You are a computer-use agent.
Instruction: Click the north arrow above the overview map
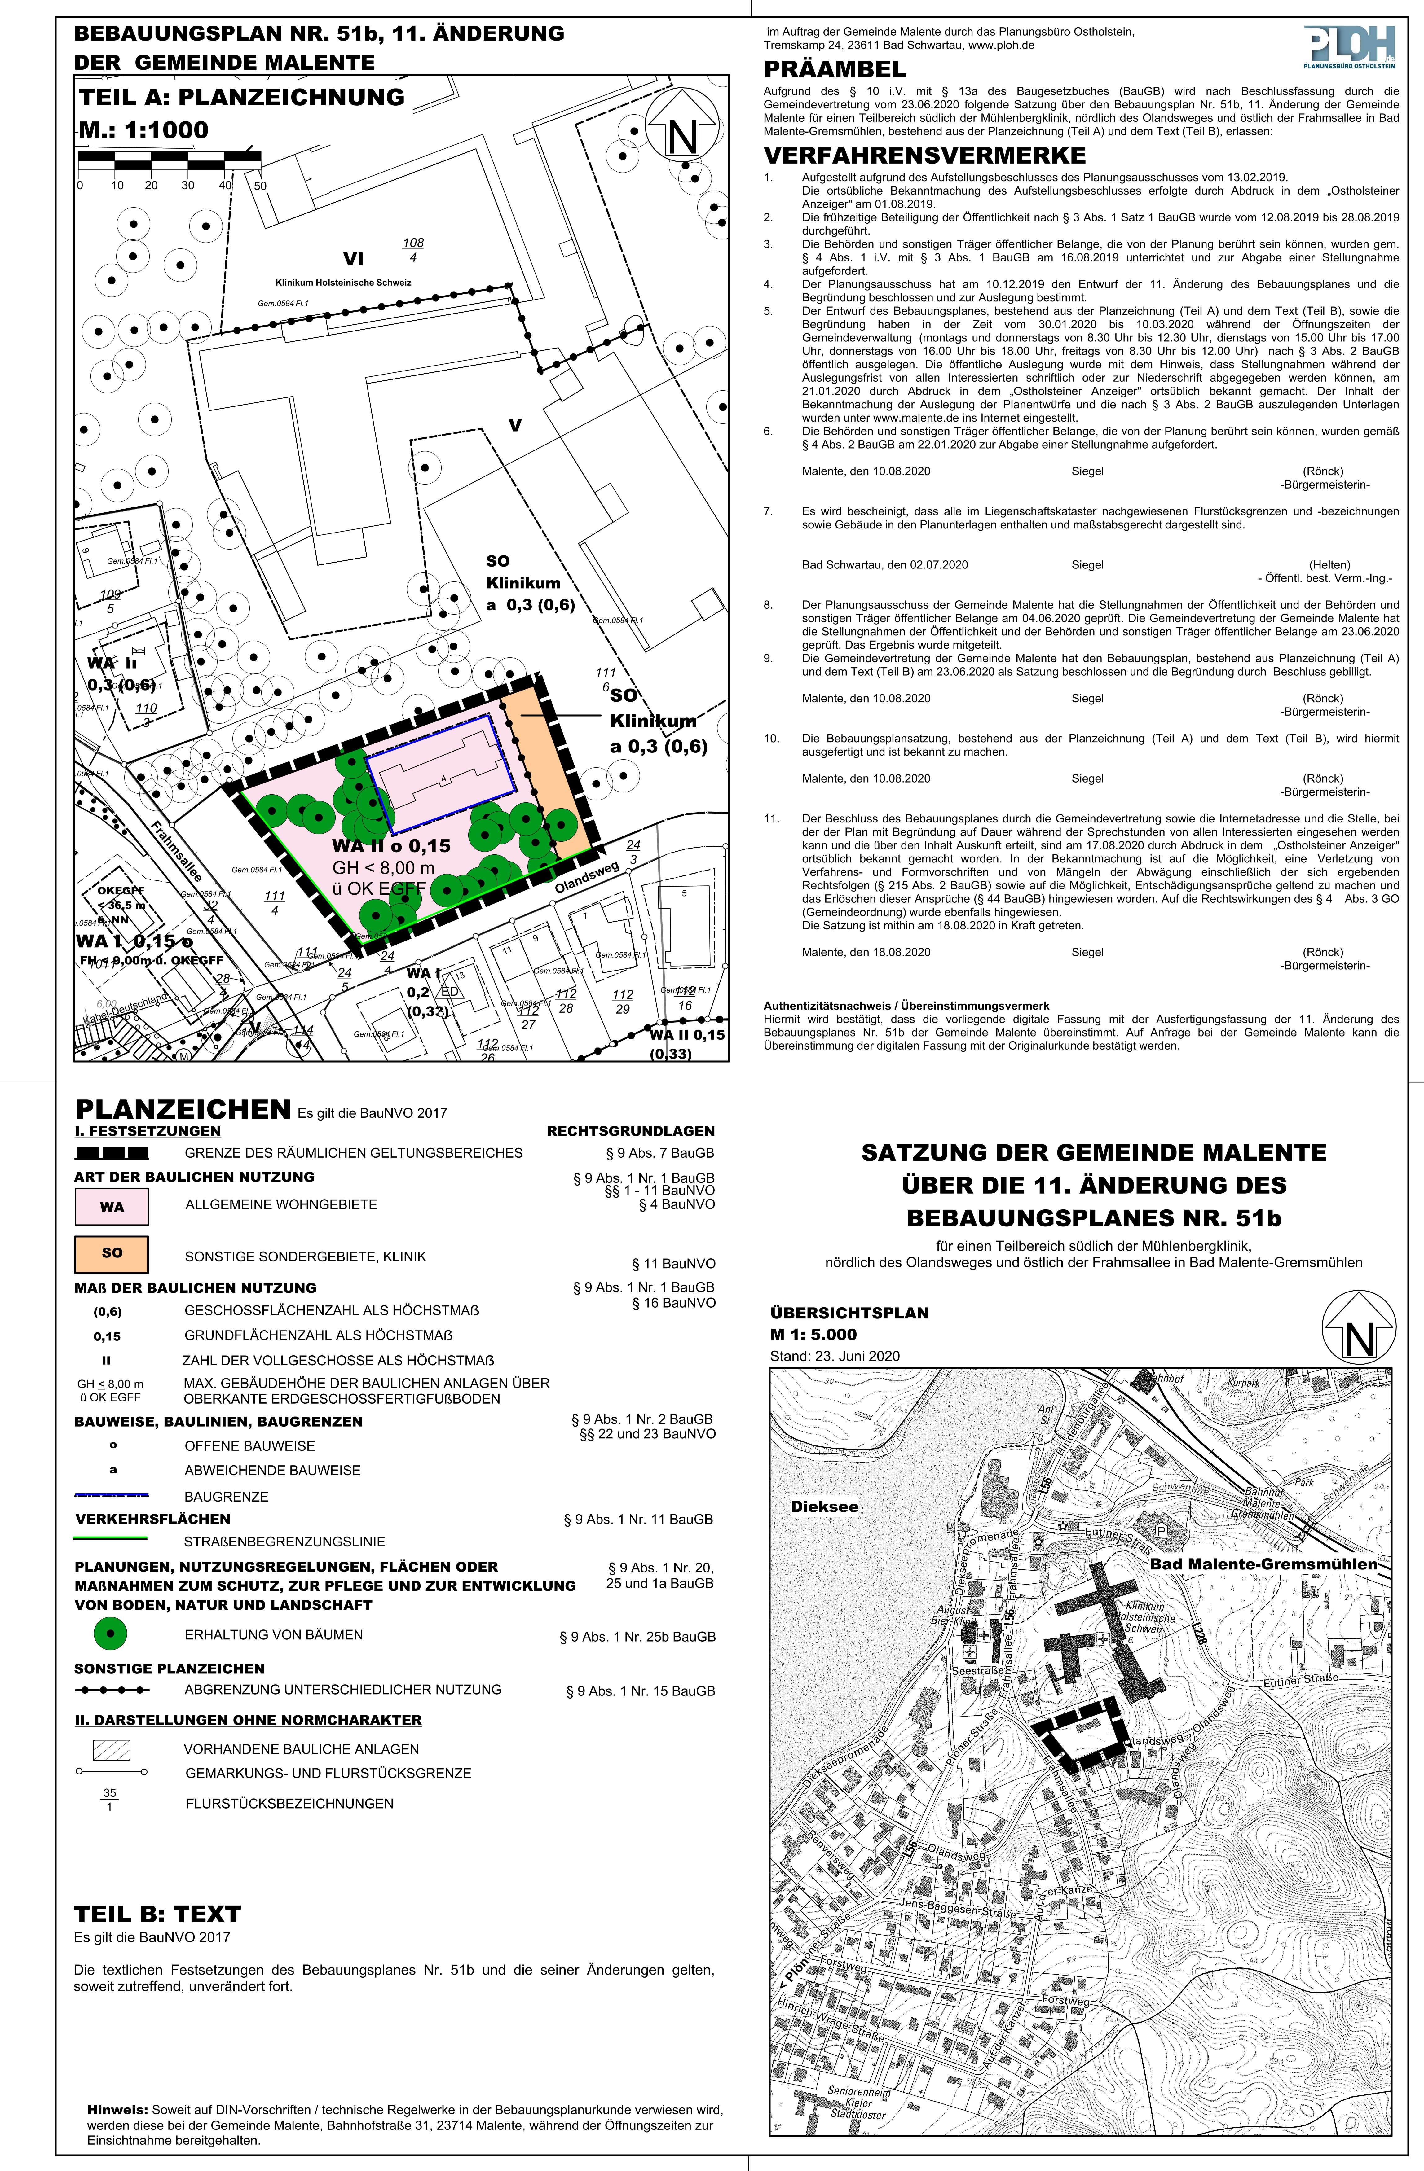pos(1358,1328)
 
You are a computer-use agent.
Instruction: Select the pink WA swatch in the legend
pos(111,1207)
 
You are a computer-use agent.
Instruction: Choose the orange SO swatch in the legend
pos(111,1253)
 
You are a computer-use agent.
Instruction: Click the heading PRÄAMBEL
pos(835,69)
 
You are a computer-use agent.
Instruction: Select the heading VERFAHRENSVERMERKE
pos(924,155)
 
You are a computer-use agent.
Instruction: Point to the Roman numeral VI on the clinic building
pos(353,259)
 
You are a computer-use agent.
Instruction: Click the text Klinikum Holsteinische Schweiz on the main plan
pos(343,283)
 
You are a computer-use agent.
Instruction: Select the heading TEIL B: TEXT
pos(157,1914)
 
